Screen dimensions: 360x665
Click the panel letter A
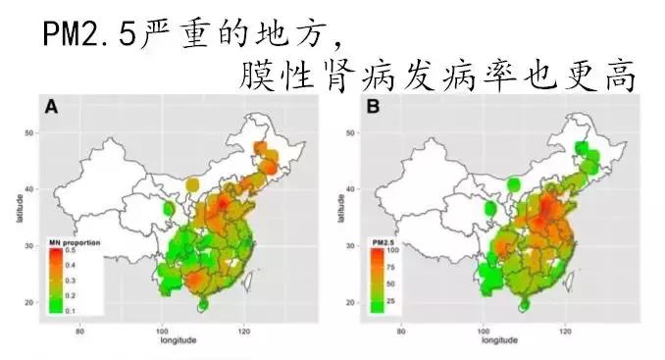click(47, 106)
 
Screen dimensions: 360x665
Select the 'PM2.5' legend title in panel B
click(384, 241)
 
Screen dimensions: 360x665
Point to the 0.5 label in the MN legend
click(71, 251)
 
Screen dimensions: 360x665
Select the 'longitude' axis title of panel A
click(179, 339)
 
